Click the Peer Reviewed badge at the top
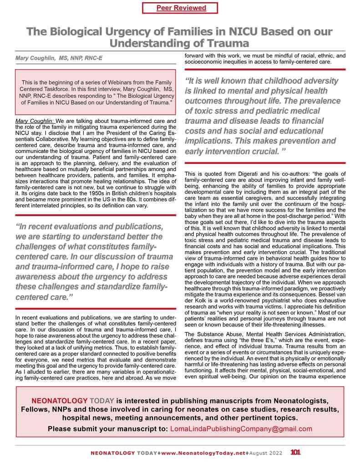coord(181,8)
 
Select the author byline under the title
coord(59,59)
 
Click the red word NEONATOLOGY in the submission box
coord(59,401)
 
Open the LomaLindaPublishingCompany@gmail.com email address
coord(241,429)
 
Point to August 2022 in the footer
coord(265,453)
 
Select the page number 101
coord(295,453)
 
